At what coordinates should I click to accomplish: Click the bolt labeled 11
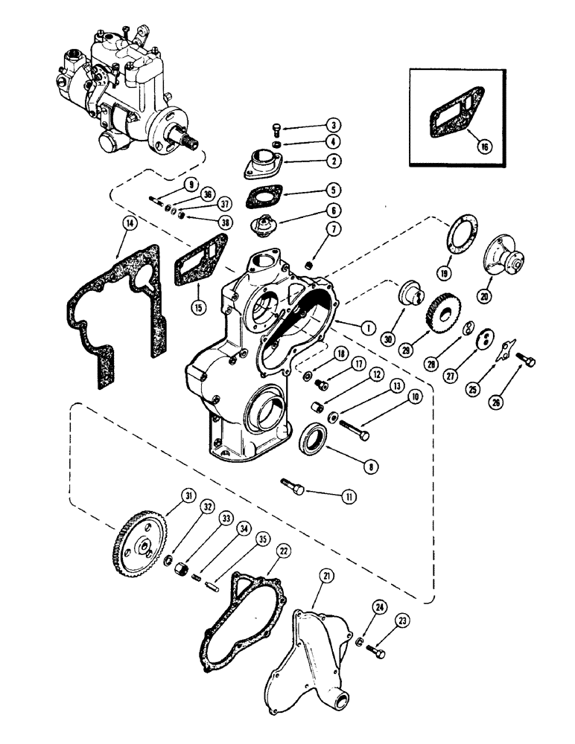point(293,486)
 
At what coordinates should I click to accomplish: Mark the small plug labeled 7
point(313,264)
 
